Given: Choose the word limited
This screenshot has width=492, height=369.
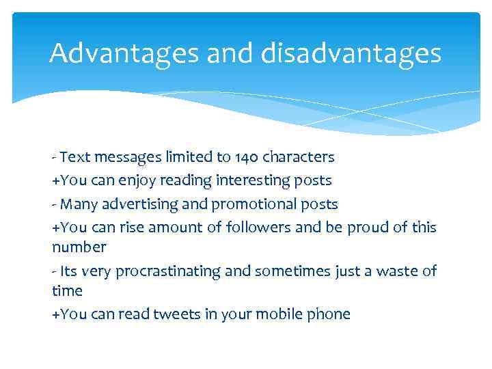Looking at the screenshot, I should pyautogui.click(x=186, y=157).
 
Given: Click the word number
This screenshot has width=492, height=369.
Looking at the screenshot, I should pyautogui.click(x=79, y=246).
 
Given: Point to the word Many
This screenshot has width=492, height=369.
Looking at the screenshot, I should pyautogui.click(x=75, y=204).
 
